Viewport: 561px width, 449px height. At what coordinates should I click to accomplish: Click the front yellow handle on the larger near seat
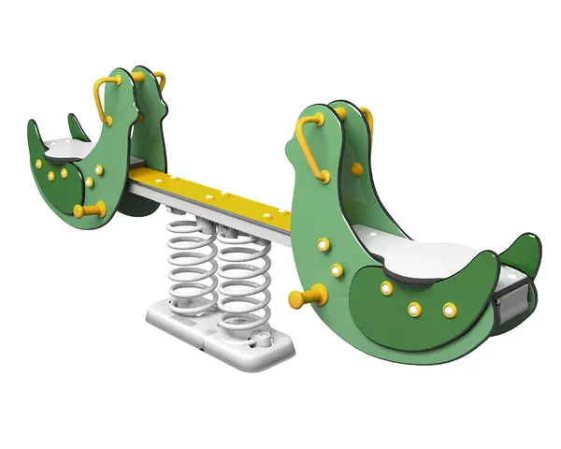coord(309,150)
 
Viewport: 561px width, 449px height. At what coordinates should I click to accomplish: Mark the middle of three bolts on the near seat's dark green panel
coord(414,308)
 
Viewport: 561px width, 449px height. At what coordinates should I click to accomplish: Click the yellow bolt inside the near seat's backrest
coord(356,169)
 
